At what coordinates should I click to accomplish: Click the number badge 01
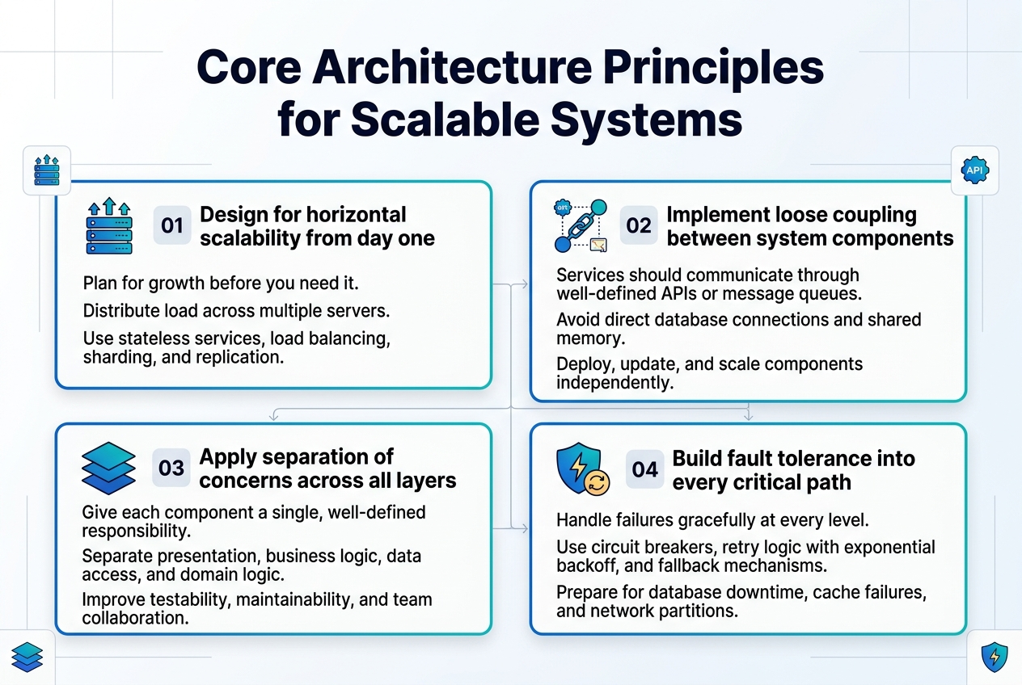tap(171, 225)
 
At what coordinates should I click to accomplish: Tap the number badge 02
tap(639, 225)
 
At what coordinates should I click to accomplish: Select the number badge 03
tap(171, 468)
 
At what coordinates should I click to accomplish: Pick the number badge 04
tap(645, 469)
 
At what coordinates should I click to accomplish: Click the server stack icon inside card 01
tap(108, 225)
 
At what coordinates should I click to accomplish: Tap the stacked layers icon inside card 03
tap(108, 468)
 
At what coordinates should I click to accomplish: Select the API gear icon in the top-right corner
tap(974, 170)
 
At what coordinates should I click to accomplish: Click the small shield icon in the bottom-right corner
tap(994, 658)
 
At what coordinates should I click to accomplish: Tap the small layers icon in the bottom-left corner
tap(27, 657)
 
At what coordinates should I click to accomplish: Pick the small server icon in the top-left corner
tap(47, 170)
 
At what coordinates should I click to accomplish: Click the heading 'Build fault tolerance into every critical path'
tap(793, 470)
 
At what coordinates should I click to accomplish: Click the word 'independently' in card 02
tap(614, 383)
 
